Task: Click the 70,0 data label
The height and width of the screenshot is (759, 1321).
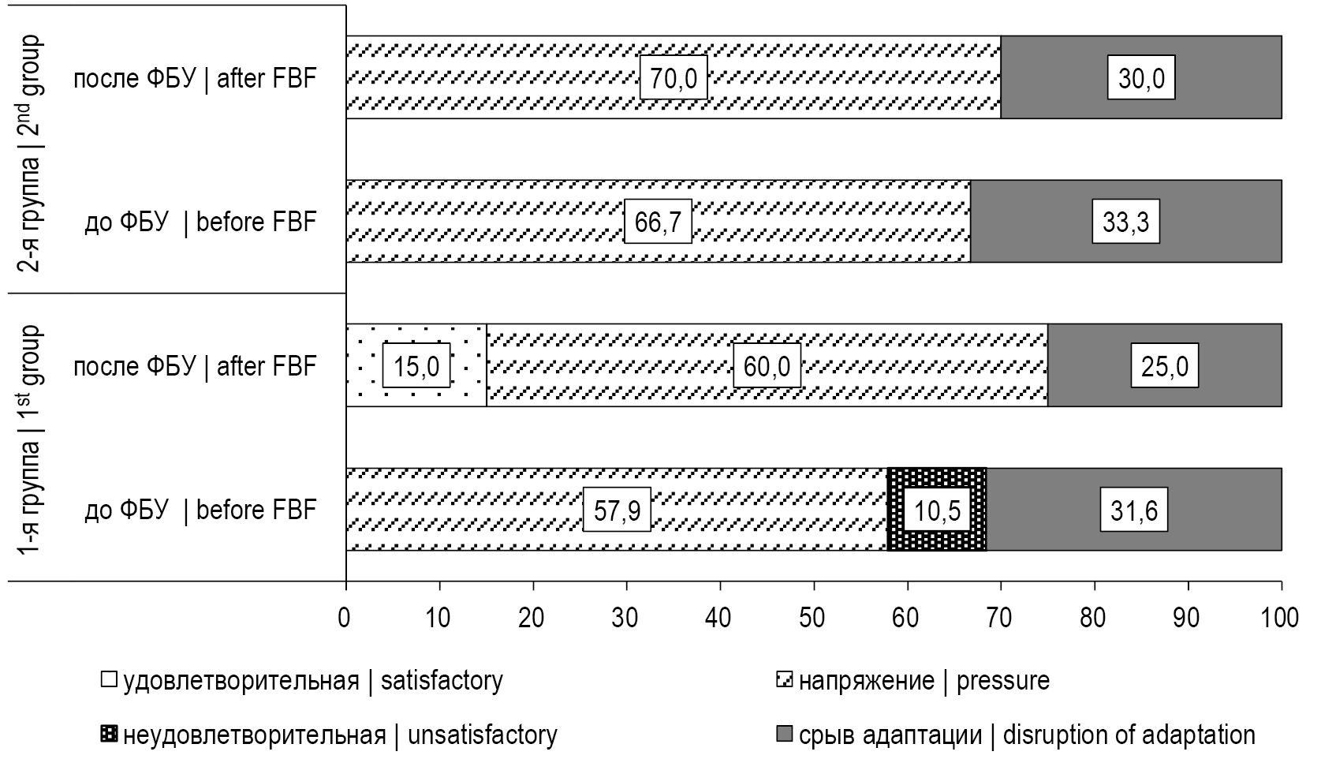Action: click(673, 77)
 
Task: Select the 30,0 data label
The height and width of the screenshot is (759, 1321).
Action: click(1141, 77)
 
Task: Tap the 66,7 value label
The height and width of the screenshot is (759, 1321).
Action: click(658, 222)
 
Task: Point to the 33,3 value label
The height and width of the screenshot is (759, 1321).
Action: click(1125, 222)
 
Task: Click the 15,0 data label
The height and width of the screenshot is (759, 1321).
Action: click(416, 365)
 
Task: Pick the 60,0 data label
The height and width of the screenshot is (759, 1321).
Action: click(767, 365)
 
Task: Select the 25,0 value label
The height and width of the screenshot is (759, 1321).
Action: click(1165, 365)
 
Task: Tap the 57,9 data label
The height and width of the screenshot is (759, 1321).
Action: click(617, 510)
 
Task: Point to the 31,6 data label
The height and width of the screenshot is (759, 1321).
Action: click(1133, 510)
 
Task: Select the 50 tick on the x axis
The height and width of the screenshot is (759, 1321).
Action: click(814, 617)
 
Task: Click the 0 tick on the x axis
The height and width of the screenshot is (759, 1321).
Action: click(345, 617)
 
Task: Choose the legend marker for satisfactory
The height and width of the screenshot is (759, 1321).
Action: click(109, 680)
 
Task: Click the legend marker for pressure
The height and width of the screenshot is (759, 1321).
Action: click(785, 680)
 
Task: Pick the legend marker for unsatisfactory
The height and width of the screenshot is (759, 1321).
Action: click(109, 735)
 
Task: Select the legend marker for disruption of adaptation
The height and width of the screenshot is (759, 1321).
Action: click(785, 735)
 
